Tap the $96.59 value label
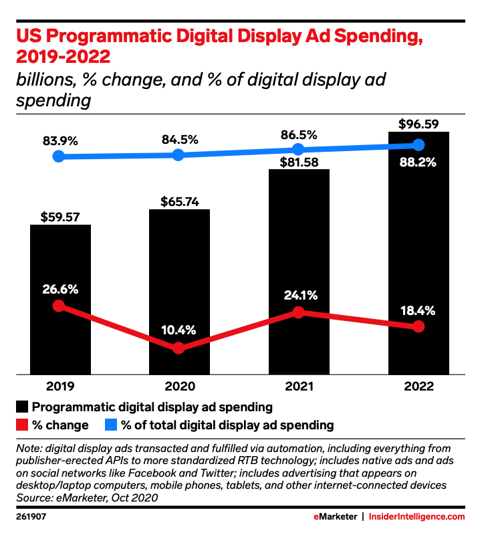click(418, 124)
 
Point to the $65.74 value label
click(179, 201)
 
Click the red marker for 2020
click(178, 348)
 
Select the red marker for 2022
click(418, 326)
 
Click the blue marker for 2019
click(59, 156)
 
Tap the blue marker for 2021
click(299, 149)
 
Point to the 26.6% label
click(60, 290)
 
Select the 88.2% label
click(418, 162)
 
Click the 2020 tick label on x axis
click(179, 387)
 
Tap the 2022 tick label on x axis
click(418, 387)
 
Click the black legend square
click(22, 407)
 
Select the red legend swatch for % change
click(22, 425)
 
